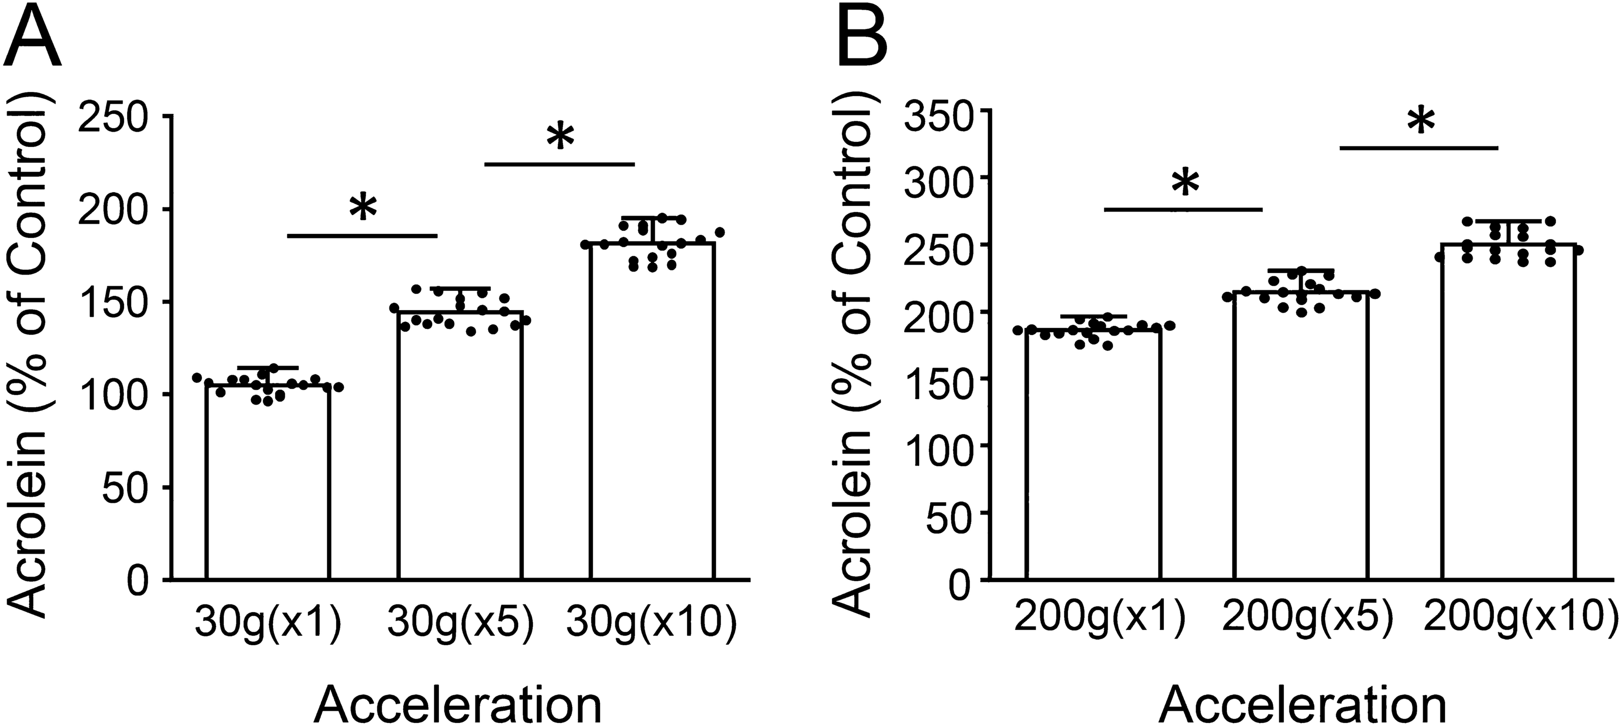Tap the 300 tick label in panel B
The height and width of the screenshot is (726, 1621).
point(934,177)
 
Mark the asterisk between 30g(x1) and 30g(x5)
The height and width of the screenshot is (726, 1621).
point(364,209)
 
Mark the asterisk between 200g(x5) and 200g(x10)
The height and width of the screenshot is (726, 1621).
point(1421,122)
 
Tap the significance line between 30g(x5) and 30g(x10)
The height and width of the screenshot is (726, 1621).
point(559,164)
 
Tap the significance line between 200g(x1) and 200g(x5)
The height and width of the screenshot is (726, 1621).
point(1183,209)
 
